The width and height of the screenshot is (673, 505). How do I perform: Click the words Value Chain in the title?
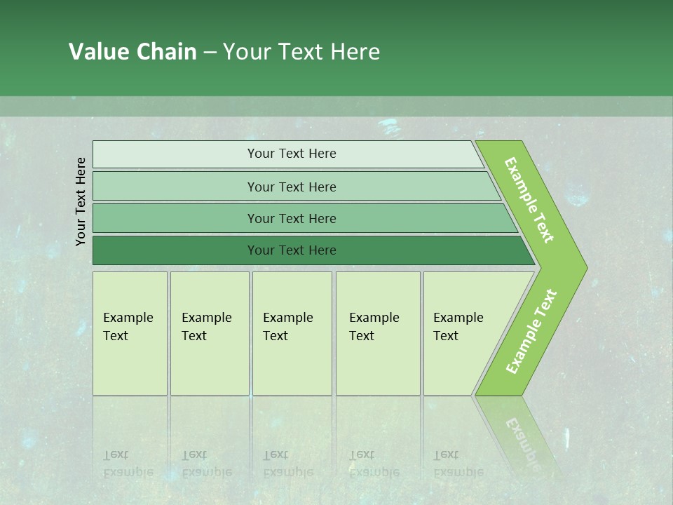click(132, 52)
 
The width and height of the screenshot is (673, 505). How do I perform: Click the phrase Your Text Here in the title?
click(301, 52)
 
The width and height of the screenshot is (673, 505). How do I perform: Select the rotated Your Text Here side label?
click(81, 201)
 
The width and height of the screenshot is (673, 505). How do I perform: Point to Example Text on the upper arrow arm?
click(529, 200)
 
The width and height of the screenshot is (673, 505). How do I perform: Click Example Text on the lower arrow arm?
click(531, 332)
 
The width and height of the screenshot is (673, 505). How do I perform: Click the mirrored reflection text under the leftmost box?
click(128, 464)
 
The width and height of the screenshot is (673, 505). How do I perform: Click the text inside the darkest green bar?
click(292, 250)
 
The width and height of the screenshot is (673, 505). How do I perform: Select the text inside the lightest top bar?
click(292, 154)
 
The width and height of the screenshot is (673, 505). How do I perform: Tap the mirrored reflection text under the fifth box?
click(458, 464)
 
